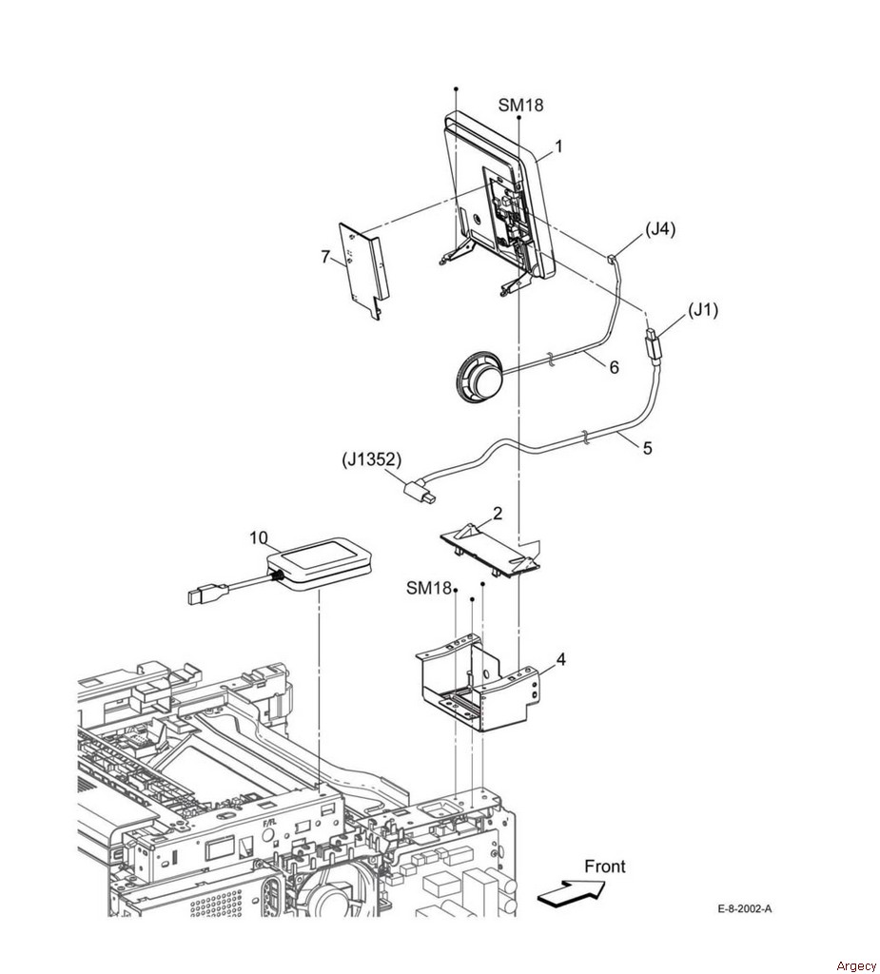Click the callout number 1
[x=558, y=146]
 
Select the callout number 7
[x=325, y=256]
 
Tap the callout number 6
[x=614, y=367]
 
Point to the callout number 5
[x=648, y=448]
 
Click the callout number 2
[x=498, y=514]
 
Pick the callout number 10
[x=260, y=538]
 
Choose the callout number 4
[x=560, y=659]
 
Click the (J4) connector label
[x=660, y=229]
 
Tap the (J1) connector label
[x=703, y=310]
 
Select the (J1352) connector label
[x=372, y=461]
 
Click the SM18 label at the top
[x=520, y=106]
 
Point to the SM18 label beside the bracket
[x=429, y=588]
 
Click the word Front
[x=605, y=866]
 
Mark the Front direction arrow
[x=571, y=892]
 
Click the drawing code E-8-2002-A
[x=745, y=908]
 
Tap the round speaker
[x=478, y=375]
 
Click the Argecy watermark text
[x=856, y=965]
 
